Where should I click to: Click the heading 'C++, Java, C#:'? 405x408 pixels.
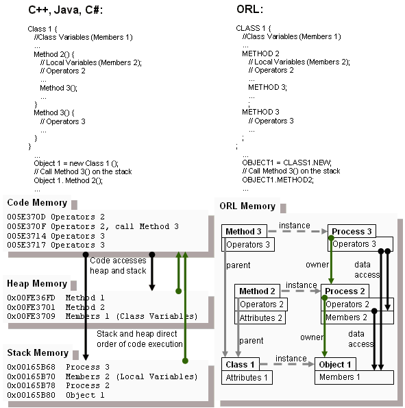coord(65,10)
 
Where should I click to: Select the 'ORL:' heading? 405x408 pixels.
coord(249,10)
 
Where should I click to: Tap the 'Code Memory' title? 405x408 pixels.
coord(37,203)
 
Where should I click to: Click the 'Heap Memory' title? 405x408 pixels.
coord(37,283)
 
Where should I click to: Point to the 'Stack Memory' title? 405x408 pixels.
coord(38,352)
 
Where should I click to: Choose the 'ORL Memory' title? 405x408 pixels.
coord(247,206)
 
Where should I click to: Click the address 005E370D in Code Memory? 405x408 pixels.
coord(26,217)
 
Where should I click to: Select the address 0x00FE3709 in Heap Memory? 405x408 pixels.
coord(32,316)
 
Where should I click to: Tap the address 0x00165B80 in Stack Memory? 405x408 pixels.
coord(32,395)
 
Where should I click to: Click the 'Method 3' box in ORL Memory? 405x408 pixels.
coord(244,231)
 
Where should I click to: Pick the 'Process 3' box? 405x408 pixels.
coord(352,231)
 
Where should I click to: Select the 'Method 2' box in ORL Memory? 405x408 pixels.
coord(257,291)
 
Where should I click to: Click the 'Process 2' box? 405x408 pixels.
coord(345,291)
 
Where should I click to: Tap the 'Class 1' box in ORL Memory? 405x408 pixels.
coord(241,364)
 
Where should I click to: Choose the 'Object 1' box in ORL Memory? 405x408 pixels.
coord(335,364)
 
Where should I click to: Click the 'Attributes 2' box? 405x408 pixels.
coord(260,317)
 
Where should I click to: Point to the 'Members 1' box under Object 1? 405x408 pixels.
coord(354,377)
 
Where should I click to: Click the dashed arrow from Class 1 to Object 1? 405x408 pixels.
coord(287,364)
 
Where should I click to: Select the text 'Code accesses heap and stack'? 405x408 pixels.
coord(118,265)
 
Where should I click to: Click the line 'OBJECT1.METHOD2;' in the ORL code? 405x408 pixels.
coord(278,180)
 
